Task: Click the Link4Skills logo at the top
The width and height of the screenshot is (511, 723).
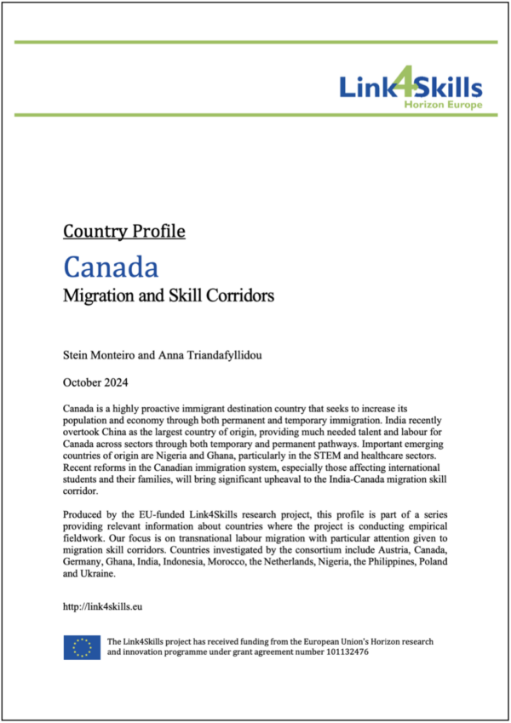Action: [411, 89]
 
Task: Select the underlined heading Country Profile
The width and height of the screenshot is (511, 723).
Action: [124, 231]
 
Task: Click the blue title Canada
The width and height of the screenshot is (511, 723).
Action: [111, 267]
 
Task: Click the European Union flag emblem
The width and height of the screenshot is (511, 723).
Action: [81, 648]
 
